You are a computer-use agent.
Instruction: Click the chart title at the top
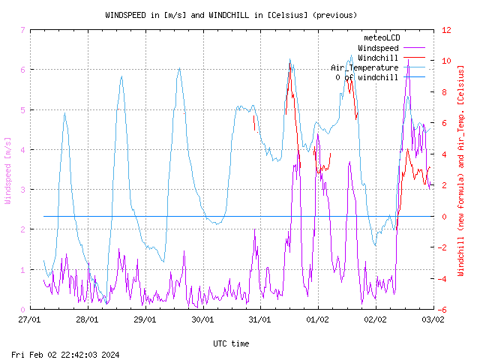coord(231,15)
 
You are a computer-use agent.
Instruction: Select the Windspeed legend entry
coord(377,48)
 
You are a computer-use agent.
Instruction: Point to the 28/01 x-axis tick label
coord(88,319)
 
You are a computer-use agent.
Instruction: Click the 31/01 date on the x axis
coord(259,319)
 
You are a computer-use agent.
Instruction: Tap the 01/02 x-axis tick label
coord(317,319)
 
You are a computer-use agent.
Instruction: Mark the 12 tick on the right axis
coord(446,30)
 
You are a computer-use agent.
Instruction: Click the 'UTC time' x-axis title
coord(231,343)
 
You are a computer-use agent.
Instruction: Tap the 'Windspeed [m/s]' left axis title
coord(8,170)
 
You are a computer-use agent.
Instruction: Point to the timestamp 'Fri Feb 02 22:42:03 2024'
coord(67,355)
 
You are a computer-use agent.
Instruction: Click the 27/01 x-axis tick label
coord(30,319)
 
